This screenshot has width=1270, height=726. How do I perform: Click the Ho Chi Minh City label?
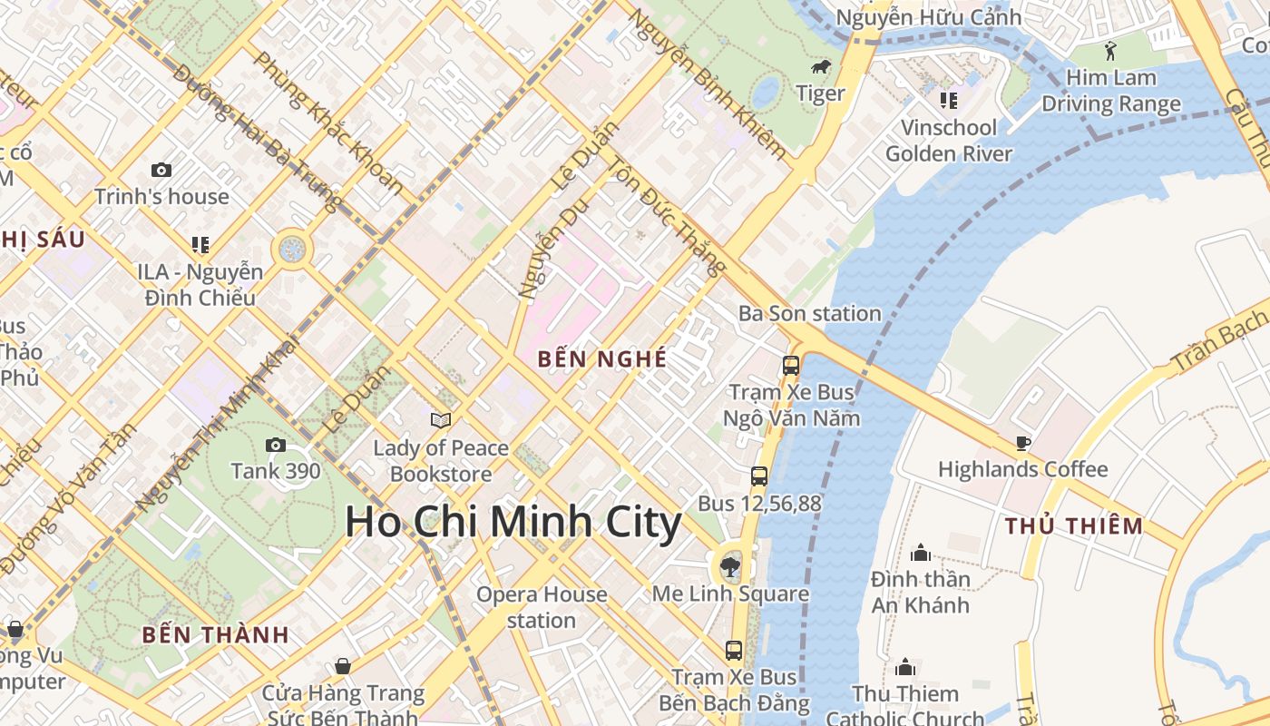(x=513, y=524)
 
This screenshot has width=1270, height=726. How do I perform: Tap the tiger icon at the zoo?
(x=821, y=67)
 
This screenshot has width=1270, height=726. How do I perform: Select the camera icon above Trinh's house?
(x=161, y=170)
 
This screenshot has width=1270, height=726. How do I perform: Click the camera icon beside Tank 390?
(x=275, y=445)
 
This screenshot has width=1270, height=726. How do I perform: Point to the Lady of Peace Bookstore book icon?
(x=441, y=420)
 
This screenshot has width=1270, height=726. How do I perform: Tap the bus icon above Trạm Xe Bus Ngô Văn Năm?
(x=791, y=366)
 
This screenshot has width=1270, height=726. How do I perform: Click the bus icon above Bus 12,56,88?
(x=759, y=476)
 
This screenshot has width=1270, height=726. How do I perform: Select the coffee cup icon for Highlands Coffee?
(x=1023, y=443)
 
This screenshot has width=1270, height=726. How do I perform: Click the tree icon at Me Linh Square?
(x=728, y=568)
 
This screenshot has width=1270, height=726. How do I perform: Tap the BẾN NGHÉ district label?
(x=602, y=359)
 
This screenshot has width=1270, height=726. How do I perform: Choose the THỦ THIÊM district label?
(x=1074, y=526)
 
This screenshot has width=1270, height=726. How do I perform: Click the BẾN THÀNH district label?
(x=215, y=635)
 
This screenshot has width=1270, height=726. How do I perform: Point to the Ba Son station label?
(x=809, y=314)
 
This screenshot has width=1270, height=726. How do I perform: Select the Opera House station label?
(x=542, y=607)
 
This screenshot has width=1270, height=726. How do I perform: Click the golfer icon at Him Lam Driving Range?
(x=1111, y=51)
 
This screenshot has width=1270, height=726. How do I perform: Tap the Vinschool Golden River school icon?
(x=948, y=100)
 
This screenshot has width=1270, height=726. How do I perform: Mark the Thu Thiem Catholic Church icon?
(x=905, y=668)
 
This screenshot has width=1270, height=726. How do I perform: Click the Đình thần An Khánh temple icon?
(x=921, y=553)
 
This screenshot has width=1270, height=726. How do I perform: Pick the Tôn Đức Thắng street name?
(x=667, y=216)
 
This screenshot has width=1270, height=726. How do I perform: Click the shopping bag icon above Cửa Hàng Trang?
(x=343, y=667)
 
